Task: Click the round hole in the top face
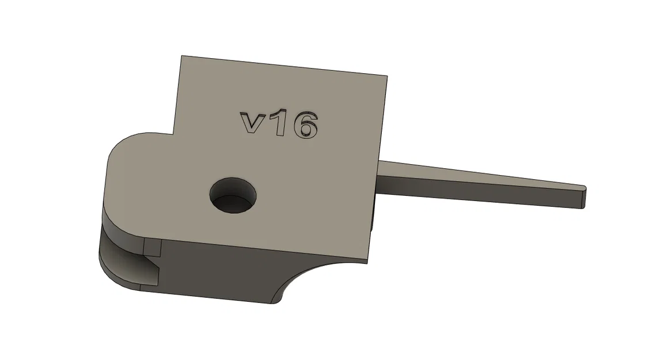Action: pyautogui.click(x=233, y=195)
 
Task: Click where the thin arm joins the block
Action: pyautogui.click(x=378, y=177)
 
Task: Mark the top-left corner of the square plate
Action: pyautogui.click(x=182, y=56)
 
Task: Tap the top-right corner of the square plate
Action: pyautogui.click(x=386, y=76)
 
